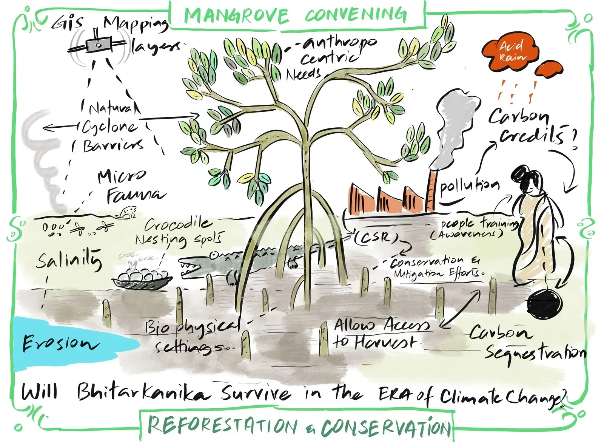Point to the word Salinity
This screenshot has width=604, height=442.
69,260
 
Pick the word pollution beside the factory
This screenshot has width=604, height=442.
469,186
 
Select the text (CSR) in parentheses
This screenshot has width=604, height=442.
376,237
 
